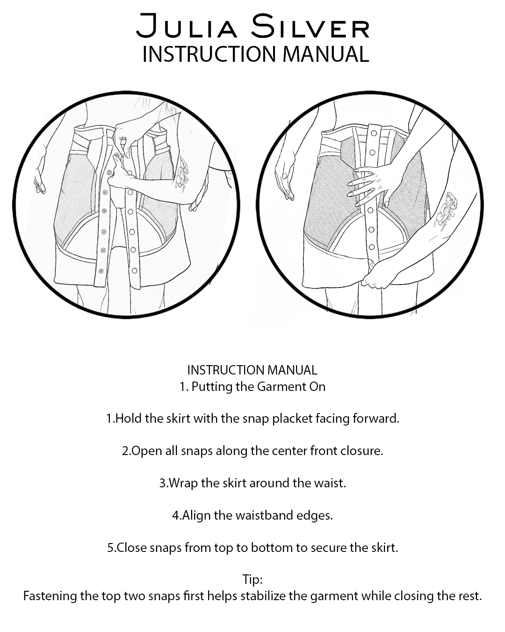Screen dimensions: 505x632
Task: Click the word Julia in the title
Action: (x=187, y=26)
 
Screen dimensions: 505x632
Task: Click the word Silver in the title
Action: (x=310, y=26)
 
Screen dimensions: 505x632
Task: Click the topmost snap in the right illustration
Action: (x=374, y=133)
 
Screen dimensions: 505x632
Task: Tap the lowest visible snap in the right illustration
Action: (x=372, y=247)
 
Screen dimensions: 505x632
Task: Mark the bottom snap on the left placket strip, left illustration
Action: (x=101, y=271)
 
